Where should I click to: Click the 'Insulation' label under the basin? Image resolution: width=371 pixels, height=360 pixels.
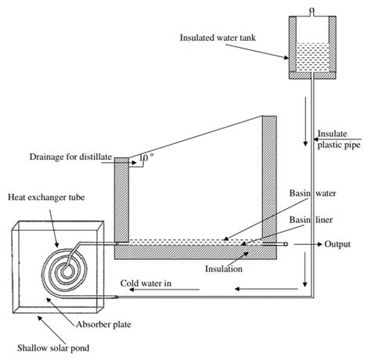(x=223, y=268)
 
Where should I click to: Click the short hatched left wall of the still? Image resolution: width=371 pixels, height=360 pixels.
(x=122, y=200)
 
